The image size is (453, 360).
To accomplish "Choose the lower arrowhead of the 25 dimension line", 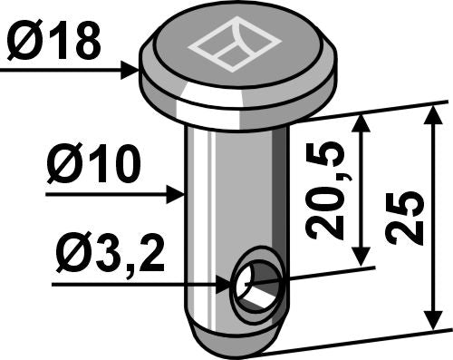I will [x=433, y=321].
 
